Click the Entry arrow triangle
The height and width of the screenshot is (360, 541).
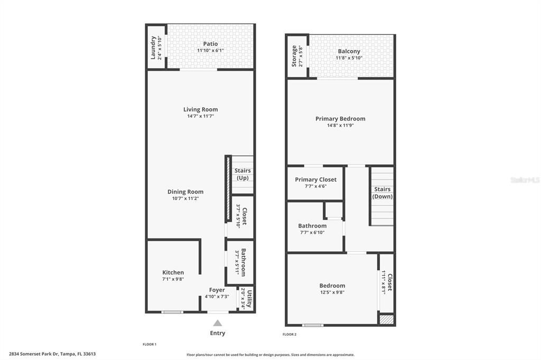point(217,323)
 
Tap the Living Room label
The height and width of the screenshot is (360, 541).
point(200,109)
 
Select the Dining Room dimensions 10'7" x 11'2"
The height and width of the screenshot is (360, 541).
point(185,198)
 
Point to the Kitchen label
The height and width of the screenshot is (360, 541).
point(173,272)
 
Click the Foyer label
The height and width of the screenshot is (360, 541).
point(217,290)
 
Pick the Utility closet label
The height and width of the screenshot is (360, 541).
point(249,299)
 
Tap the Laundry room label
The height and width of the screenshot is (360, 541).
point(153,48)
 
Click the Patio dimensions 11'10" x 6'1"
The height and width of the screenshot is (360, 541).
point(210,50)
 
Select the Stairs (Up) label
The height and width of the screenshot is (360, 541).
point(242,174)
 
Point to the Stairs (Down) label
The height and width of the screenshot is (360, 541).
point(383,193)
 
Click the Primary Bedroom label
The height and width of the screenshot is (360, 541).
point(340,119)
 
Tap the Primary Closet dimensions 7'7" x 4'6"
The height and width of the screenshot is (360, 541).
point(316,186)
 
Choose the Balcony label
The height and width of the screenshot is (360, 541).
point(349,51)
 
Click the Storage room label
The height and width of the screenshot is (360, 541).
point(294,56)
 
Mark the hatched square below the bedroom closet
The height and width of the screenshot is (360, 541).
point(386,319)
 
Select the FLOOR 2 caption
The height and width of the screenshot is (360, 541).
point(290,335)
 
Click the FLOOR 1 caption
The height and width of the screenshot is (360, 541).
point(150,344)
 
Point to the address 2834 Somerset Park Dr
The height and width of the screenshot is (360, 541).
point(34,354)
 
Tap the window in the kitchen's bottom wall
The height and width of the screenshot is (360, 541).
point(172,312)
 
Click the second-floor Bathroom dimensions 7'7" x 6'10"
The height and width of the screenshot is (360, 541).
point(312,232)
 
